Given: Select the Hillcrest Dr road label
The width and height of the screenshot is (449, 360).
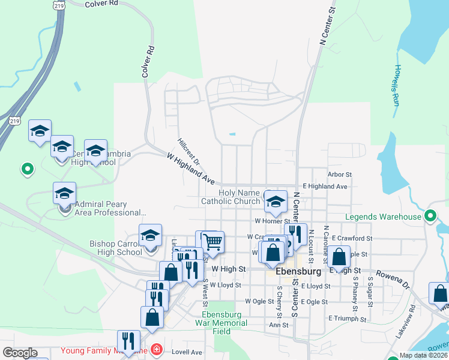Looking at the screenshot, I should [x=188, y=152].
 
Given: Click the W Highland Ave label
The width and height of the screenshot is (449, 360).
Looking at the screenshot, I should [x=191, y=167].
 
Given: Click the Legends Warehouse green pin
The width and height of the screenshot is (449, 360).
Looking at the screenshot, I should [x=430, y=215].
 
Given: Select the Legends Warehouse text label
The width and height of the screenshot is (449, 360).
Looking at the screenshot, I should [x=383, y=217].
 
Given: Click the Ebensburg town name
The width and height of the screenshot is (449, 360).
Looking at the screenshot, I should [x=300, y=271].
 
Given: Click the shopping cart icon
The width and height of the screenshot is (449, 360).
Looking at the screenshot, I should [x=212, y=241].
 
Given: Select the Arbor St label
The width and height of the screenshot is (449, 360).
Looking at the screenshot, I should [x=339, y=175].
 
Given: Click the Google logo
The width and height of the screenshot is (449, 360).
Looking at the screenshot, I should [x=20, y=353].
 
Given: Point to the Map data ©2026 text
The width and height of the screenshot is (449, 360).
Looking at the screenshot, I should [x=423, y=355].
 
